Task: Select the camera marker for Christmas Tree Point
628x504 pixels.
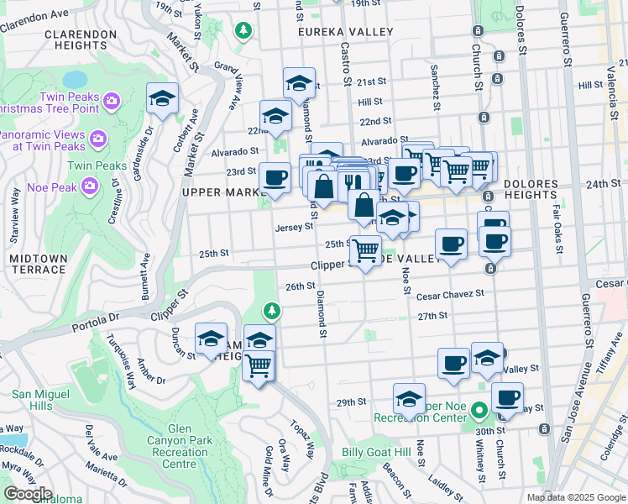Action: [113, 102]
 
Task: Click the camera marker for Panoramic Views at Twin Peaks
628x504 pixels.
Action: [97, 137]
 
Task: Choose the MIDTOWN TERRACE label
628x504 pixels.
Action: [38, 263]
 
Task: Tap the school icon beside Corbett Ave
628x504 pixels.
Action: [162, 98]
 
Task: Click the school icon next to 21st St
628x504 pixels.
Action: [298, 82]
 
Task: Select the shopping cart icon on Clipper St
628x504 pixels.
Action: [365, 249]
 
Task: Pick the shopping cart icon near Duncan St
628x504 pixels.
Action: [259, 365]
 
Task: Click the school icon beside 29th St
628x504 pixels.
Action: [409, 397]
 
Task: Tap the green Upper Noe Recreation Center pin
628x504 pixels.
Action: [479, 412]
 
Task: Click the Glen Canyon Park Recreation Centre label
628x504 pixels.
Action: [172, 452]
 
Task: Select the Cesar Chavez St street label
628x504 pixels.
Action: [451, 294]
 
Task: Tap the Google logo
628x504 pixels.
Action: [27, 493]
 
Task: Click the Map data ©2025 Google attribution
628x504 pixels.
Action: [575, 497]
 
